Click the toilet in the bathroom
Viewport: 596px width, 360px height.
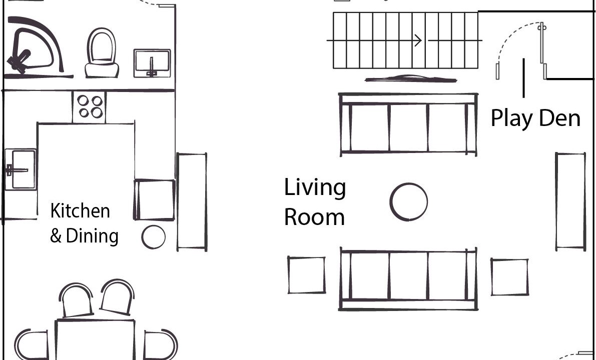(102, 53)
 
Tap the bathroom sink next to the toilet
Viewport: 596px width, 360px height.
(152, 63)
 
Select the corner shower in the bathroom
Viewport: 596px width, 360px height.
(36, 47)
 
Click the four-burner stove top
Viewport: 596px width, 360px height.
(89, 106)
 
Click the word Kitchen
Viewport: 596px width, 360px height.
(80, 211)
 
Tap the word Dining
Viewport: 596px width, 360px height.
(92, 236)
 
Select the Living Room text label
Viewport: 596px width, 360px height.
(315, 202)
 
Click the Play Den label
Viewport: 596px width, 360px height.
(535, 118)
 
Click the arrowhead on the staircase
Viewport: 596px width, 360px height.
(418, 40)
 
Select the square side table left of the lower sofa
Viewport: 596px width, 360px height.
(306, 275)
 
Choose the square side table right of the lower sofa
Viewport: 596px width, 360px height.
(510, 277)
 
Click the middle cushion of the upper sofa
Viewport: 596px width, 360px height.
(409, 127)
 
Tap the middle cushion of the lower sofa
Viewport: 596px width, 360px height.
(409, 275)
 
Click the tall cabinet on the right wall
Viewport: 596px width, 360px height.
(570, 201)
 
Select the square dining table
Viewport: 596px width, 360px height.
(95, 340)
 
